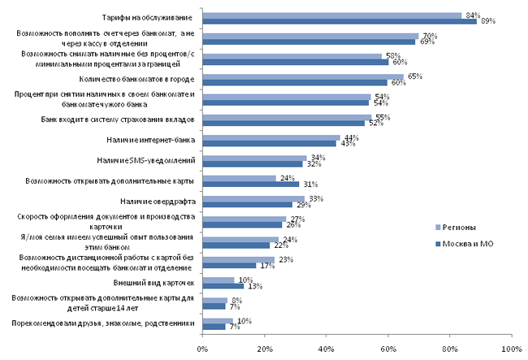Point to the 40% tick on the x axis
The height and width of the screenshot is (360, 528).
(x=326, y=349)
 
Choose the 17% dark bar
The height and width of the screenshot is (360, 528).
(x=228, y=265)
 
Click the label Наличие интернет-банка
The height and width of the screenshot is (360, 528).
(x=151, y=140)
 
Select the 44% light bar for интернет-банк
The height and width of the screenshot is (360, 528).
(x=270, y=137)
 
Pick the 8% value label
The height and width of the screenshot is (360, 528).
(x=236, y=300)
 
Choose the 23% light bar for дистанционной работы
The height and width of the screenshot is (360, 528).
(x=237, y=259)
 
